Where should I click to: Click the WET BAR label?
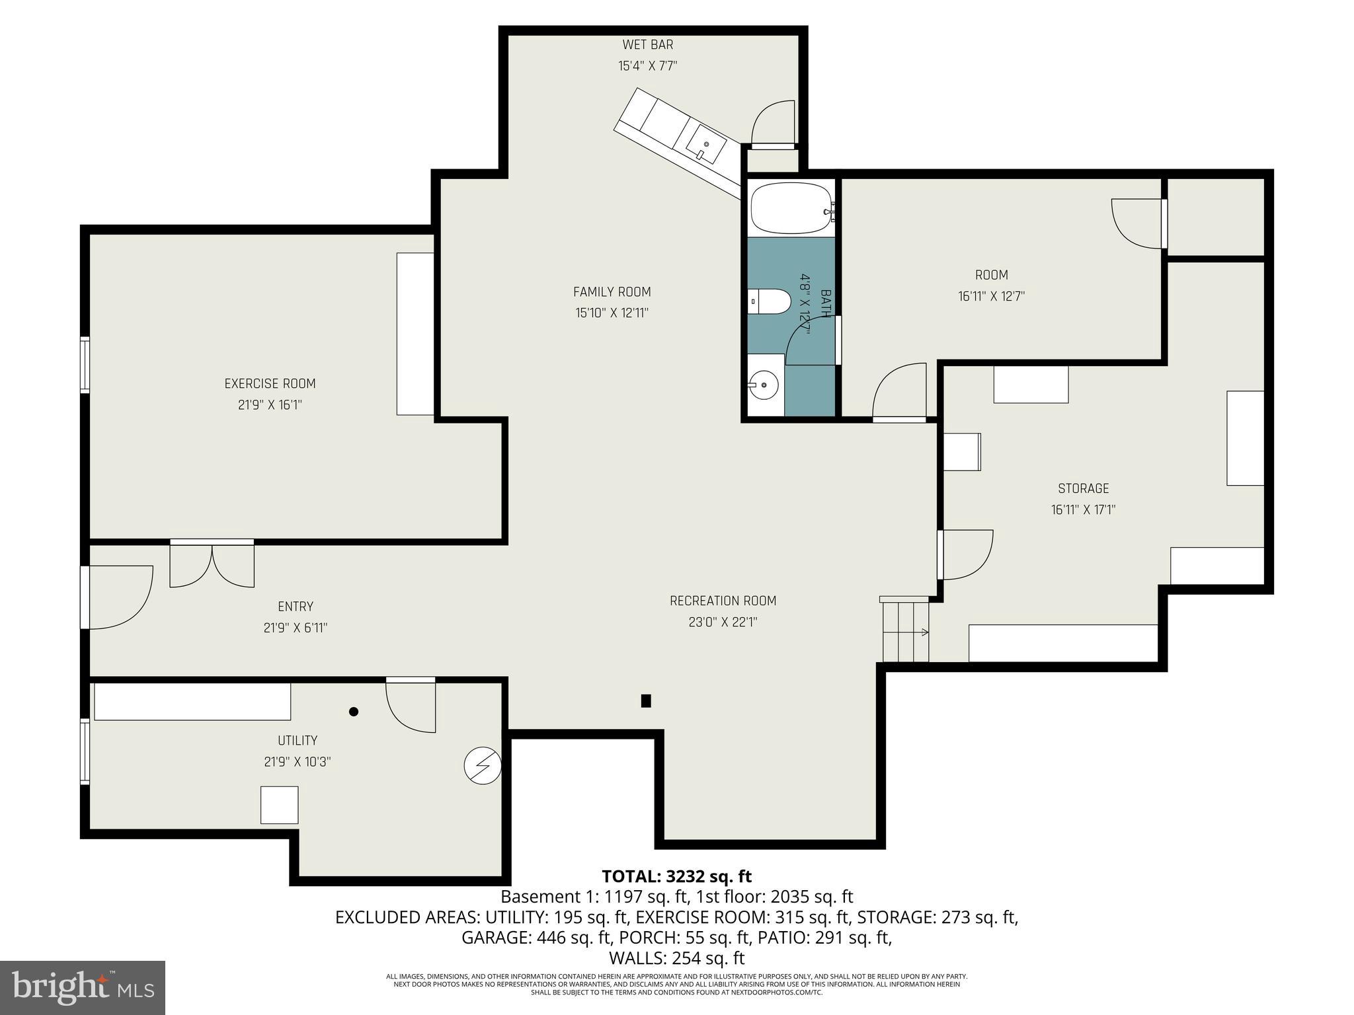pos(647,45)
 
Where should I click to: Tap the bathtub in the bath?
pos(791,208)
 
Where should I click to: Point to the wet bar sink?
pos(705,144)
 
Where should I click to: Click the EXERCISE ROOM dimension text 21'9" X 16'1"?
pos(270,404)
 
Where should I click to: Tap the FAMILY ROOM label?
pos(612,291)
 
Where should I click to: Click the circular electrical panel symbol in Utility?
pos(483,766)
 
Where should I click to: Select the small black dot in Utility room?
pos(354,712)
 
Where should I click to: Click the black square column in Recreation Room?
pos(646,701)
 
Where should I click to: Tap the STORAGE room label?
pos(1083,488)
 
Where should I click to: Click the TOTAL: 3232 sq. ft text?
pos(676,876)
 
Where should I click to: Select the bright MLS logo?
pos(83,987)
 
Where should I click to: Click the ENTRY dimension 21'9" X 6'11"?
pos(296,627)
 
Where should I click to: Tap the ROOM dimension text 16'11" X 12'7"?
pos(991,296)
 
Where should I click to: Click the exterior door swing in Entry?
pos(119,597)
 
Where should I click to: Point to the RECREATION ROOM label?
pos(723,601)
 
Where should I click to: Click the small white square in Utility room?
pos(279,805)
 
